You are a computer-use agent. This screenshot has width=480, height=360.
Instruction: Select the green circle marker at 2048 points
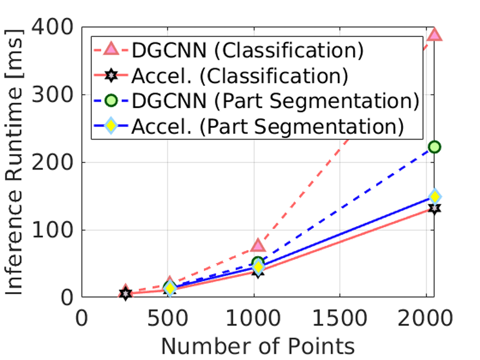435,147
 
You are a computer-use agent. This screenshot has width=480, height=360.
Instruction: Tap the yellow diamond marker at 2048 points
435,196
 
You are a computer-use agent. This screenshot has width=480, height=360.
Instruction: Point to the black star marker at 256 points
125,294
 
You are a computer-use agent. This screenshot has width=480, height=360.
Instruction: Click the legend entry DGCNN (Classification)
247,51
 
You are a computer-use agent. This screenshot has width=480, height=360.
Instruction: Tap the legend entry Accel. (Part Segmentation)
267,127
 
